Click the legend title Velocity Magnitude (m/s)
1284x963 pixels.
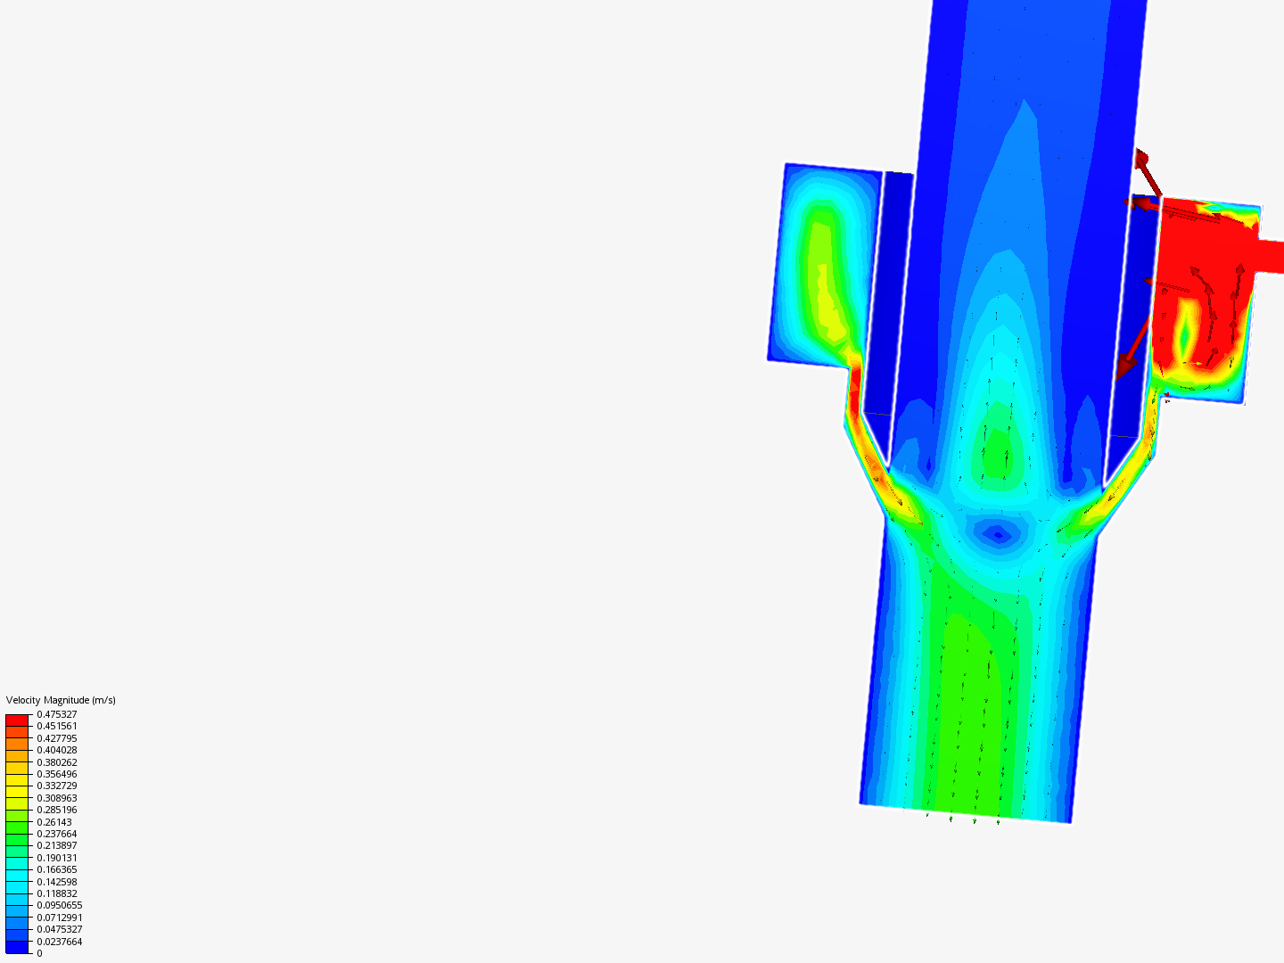pos(61,700)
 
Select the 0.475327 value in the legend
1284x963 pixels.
pos(57,714)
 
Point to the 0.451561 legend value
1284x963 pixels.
pos(57,726)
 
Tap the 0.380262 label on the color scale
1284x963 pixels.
pos(57,762)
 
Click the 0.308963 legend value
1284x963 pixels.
pos(57,798)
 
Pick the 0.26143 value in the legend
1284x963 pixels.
pos(54,822)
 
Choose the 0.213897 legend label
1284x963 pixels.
pos(57,845)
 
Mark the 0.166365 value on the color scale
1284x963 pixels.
pos(57,869)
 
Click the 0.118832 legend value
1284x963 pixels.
pos(57,893)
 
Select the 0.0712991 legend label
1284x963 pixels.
pos(60,918)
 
